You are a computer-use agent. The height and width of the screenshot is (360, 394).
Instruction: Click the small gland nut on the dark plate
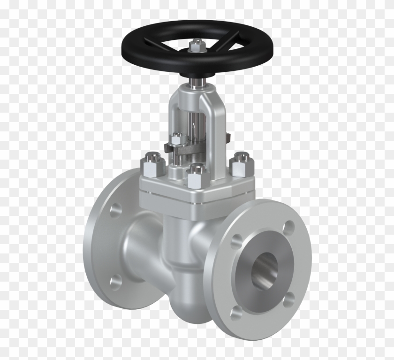[176, 139]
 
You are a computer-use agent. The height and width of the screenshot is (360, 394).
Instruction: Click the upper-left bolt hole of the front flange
[236, 241]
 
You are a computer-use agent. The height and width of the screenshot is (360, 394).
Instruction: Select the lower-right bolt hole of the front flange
[290, 299]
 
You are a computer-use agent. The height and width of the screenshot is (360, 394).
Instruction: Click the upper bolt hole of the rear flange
[115, 212]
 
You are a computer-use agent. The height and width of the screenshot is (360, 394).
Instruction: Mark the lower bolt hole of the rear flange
[115, 282]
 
